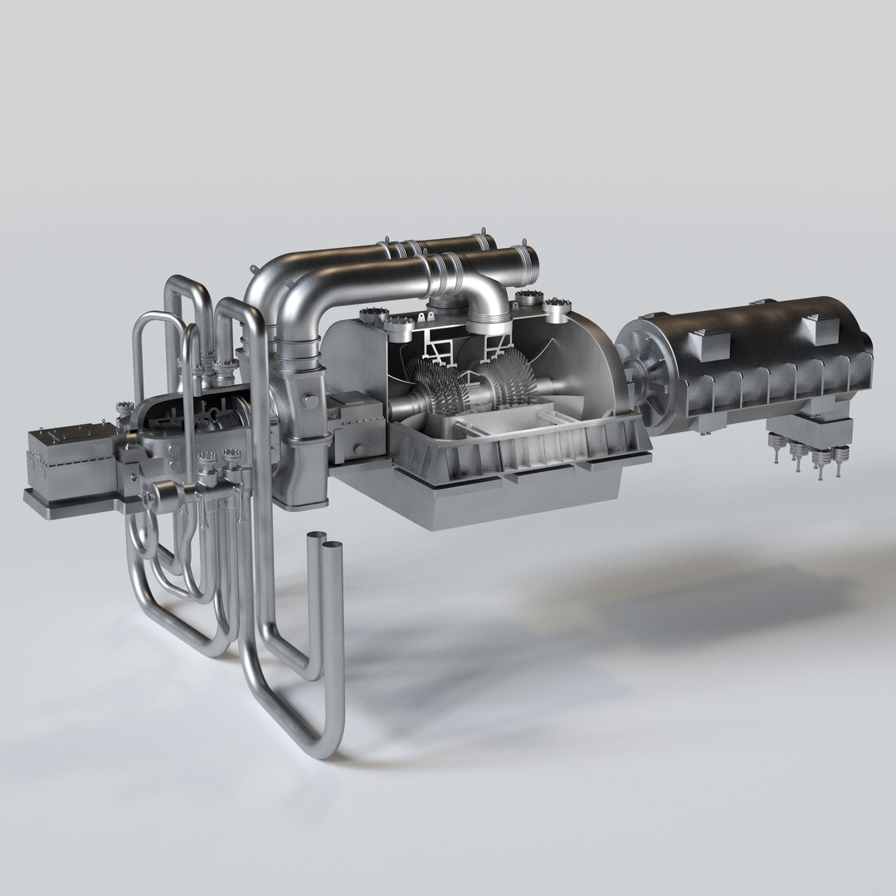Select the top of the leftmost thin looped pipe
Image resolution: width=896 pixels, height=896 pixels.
click(x=149, y=316)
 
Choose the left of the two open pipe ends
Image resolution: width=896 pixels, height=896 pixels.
click(x=315, y=540)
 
